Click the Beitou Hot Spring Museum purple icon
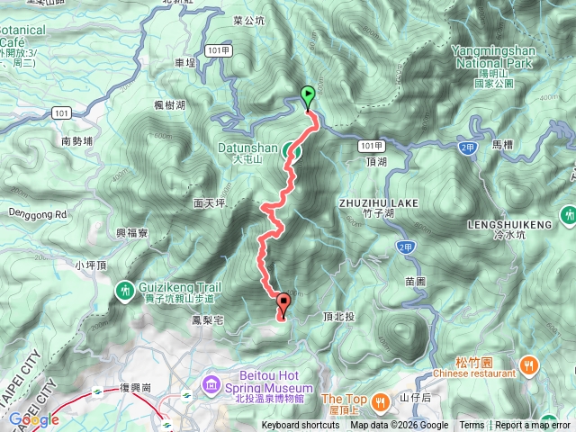click(x=211, y=384)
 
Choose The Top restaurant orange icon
click(x=381, y=400)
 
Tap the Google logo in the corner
click(x=33, y=419)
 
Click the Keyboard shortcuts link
click(x=301, y=426)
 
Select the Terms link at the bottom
click(x=471, y=426)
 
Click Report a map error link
click(x=533, y=426)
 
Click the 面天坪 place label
click(x=209, y=204)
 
